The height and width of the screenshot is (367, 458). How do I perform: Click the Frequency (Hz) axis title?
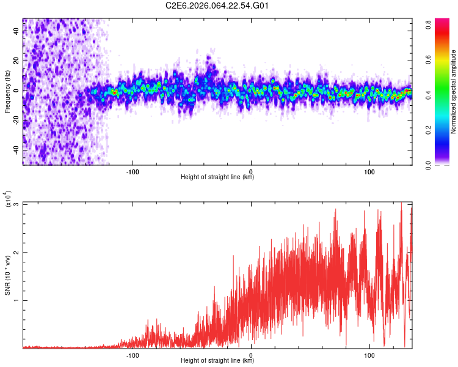click(8, 91)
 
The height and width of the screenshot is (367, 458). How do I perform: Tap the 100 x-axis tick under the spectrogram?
click(369, 171)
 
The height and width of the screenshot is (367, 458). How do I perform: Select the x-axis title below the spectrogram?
click(217, 177)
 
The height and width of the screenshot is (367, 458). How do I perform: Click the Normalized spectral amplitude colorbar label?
click(454, 91)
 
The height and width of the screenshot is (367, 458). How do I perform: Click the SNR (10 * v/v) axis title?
click(8, 275)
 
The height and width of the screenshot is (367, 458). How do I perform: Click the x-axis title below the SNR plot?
click(217, 361)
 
